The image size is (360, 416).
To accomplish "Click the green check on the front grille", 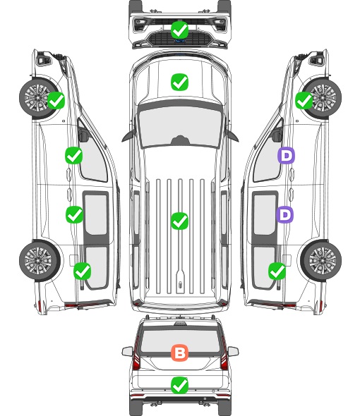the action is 179,30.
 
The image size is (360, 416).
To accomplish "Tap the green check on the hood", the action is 179,82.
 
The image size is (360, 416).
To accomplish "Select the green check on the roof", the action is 179,221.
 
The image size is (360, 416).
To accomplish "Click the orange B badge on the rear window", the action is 179,353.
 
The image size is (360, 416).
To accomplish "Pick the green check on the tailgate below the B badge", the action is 179,385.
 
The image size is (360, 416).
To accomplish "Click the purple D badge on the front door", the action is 286,155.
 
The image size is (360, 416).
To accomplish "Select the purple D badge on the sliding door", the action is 284,214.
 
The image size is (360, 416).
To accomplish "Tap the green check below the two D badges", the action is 277,271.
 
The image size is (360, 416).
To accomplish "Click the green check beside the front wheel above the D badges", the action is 304,101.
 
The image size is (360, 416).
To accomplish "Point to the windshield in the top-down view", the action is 180,126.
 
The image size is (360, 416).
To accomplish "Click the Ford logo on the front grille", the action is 179,41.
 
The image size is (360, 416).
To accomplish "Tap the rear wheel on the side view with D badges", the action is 321,260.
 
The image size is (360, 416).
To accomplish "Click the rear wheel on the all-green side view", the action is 40,260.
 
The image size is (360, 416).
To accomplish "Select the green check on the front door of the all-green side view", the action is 73,155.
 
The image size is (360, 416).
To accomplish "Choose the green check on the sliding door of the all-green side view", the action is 74,214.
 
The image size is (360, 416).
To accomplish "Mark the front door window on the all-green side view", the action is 92,154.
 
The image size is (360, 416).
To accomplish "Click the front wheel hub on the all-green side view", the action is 37,97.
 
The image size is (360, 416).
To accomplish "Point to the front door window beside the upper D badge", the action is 268,154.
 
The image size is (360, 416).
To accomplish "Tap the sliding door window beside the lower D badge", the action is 265,214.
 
